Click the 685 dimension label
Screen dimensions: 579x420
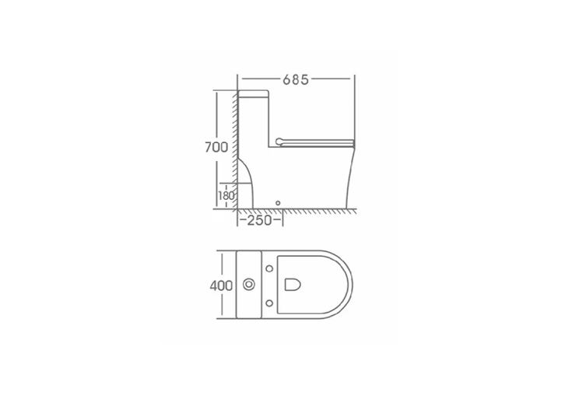[296, 79]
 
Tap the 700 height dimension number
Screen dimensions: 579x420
[216, 147]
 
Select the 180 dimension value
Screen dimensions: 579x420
[226, 195]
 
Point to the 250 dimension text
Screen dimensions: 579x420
[259, 220]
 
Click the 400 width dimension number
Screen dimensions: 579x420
[221, 285]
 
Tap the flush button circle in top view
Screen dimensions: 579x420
[249, 285]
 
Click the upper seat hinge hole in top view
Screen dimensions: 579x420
[269, 268]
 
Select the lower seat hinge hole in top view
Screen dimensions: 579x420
[269, 303]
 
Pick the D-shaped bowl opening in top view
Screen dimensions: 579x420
[293, 285]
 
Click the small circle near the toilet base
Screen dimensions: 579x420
[278, 203]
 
